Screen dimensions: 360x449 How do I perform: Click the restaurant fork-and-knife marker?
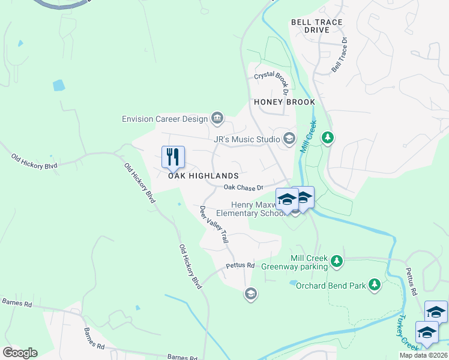(173, 157)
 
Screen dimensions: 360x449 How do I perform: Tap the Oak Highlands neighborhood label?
(203, 176)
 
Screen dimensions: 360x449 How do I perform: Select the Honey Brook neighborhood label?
(285, 102)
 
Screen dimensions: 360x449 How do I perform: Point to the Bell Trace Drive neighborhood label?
(316, 26)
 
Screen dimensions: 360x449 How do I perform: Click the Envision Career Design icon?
(217, 118)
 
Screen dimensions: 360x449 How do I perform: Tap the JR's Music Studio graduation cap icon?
(289, 139)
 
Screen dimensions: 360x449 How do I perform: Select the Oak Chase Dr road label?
(244, 188)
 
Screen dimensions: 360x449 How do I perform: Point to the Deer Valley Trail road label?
(214, 224)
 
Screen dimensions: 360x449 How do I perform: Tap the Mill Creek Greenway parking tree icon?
(337, 261)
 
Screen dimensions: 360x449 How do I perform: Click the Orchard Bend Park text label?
(331, 286)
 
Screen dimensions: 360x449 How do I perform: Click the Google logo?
(20, 353)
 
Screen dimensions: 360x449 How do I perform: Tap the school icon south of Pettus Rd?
(250, 293)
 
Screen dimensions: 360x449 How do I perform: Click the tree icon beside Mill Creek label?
(327, 139)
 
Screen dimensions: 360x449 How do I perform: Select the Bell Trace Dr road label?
(340, 55)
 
